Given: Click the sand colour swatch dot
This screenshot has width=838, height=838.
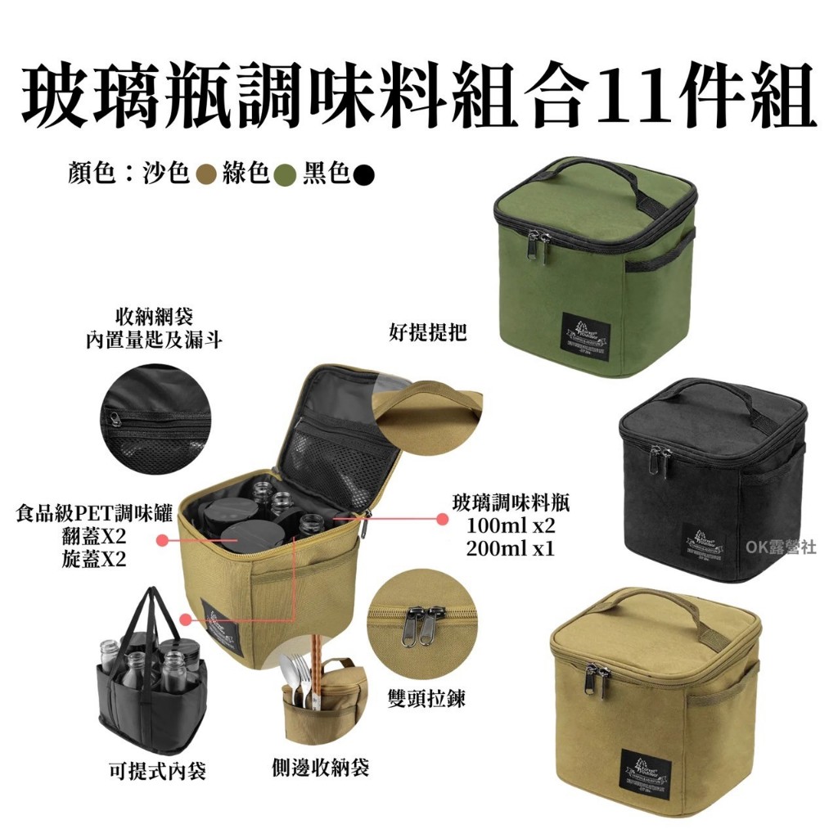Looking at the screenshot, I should tap(206, 174).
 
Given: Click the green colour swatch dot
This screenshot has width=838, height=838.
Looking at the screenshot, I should tap(285, 174).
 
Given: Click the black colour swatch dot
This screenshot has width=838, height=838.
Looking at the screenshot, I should tap(365, 174).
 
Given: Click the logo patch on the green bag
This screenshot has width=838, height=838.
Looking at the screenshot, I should tap(588, 336).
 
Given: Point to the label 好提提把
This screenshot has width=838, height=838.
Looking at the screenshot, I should tap(426, 333).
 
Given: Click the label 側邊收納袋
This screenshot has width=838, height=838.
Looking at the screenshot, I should tap(320, 767).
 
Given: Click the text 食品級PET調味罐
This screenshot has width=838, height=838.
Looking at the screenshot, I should tap(94, 515).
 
